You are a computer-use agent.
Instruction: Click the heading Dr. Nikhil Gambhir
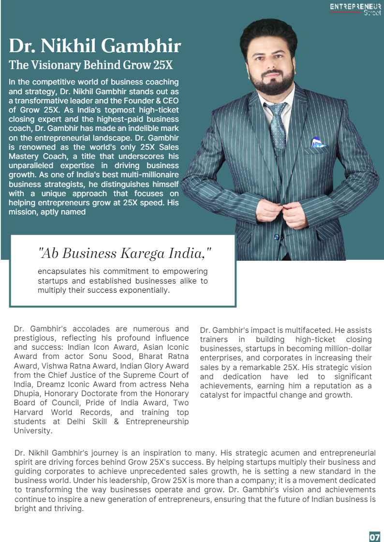point(95,46)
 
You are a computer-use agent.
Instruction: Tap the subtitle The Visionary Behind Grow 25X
point(91,65)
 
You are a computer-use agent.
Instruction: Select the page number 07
point(374,537)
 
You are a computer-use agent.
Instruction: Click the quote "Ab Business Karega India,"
point(125,253)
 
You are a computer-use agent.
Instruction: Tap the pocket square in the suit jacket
point(318,143)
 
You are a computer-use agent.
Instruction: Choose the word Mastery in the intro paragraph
point(24,157)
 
